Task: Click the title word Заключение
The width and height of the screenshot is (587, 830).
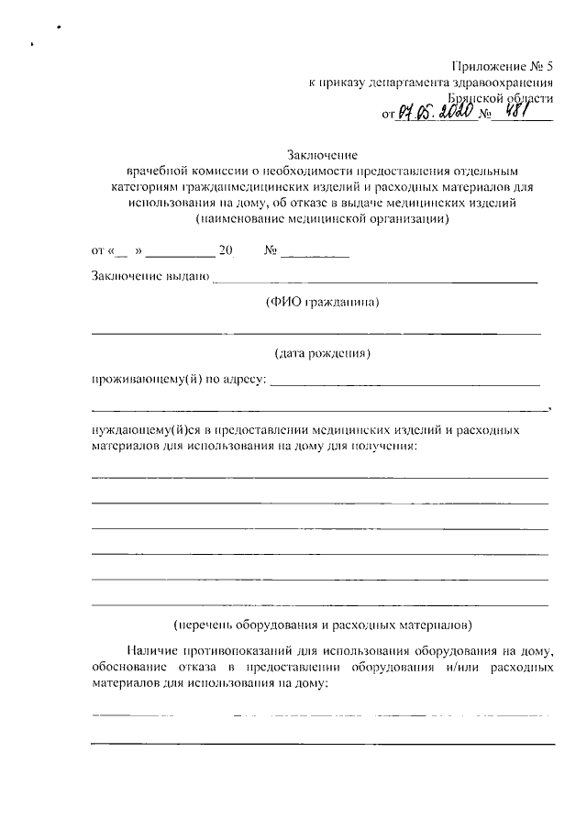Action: tap(322, 154)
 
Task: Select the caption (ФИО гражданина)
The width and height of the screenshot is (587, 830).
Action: tap(322, 302)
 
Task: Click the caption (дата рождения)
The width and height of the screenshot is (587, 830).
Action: tap(322, 352)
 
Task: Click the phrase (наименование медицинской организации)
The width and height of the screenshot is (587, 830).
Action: tap(322, 220)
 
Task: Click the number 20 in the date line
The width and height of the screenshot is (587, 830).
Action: tap(227, 250)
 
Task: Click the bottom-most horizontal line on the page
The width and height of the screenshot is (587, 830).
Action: tap(322, 744)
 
